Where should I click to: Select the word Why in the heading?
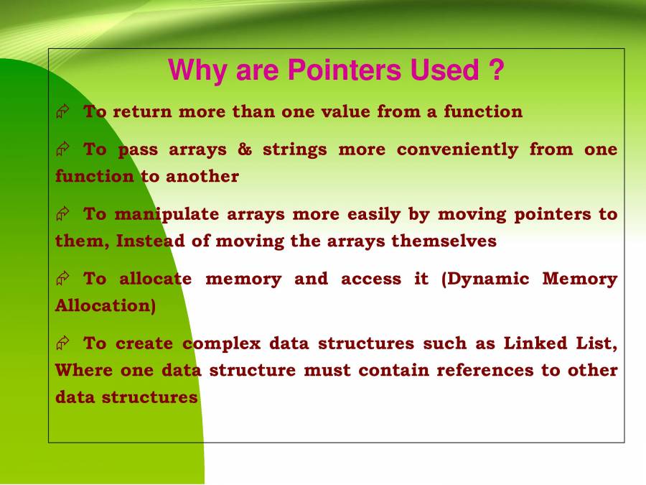197,71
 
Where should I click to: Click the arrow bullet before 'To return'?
62,111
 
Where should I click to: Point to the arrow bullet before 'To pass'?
62,149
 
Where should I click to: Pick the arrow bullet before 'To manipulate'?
62,213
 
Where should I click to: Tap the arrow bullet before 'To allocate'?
62,278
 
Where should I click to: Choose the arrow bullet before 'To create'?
62,343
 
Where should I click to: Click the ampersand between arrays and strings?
245,149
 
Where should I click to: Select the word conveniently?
457,149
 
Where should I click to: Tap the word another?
202,177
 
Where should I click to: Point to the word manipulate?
167,215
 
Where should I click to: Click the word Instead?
151,241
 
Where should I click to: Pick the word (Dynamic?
485,280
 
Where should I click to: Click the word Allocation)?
106,306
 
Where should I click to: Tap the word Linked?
535,343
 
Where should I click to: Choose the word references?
485,370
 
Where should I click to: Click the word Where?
84,370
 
